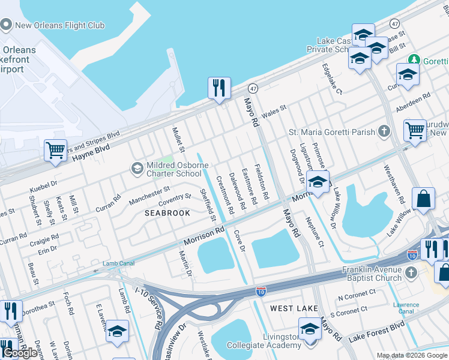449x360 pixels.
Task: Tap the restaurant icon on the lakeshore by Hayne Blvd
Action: click(219, 88)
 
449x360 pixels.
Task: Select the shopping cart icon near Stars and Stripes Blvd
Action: click(55, 150)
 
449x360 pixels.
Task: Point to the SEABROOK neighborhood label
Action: click(167, 213)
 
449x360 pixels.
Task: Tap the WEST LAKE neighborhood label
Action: click(290, 308)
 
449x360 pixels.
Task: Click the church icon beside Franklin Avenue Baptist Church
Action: click(411, 273)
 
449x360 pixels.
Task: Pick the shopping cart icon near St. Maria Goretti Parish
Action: click(415, 129)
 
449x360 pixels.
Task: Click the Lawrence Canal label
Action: click(406, 308)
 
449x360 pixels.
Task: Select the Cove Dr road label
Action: click(240, 241)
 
